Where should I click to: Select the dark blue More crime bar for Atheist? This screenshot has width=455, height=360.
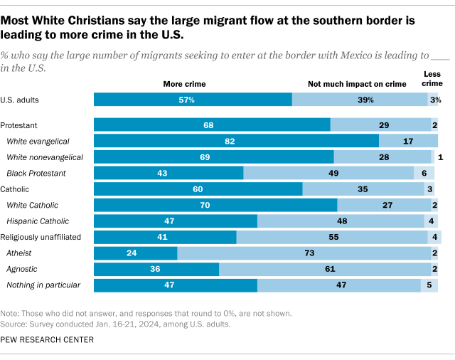(135, 253)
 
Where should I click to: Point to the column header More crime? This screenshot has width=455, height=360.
(185, 84)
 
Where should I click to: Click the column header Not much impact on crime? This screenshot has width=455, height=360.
(356, 84)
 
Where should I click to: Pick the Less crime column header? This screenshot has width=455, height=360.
(432, 79)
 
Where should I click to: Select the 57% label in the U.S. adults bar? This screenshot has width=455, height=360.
(187, 100)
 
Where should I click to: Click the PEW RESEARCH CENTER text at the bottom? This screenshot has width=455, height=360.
(48, 340)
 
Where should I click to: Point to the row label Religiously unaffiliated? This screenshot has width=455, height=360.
(41, 237)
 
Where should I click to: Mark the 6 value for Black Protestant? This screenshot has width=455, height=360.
(423, 173)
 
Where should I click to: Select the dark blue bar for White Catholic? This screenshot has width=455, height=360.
(215, 205)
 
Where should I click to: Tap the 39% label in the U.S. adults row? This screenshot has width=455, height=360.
(365, 100)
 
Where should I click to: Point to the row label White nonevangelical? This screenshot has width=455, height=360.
(44, 157)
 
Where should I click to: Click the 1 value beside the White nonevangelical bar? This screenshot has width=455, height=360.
(441, 157)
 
